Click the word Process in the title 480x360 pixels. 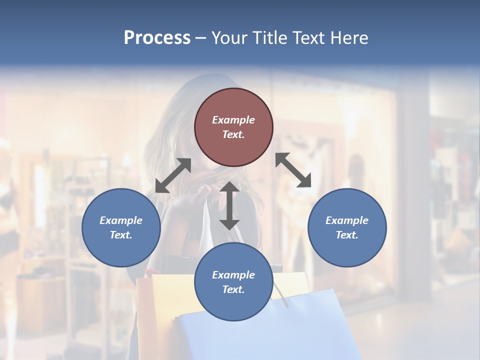(157, 38)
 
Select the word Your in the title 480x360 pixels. (229, 38)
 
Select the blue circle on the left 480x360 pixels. (121, 227)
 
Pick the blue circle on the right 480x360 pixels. (346, 227)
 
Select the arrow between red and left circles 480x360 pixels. (173, 175)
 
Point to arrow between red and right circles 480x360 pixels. (293, 170)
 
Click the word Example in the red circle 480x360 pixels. (233, 120)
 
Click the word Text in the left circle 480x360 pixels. (121, 235)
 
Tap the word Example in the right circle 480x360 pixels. (346, 220)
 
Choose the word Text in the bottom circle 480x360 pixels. (233, 289)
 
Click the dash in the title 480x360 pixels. (200, 38)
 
